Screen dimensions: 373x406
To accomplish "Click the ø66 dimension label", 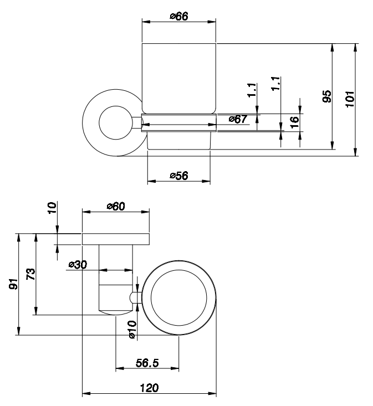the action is pos(179,16).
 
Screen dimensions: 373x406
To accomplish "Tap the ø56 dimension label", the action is pos(178,176).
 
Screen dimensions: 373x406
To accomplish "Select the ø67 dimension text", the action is pos(238,119).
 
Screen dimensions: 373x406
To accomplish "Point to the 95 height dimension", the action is pos(327,96).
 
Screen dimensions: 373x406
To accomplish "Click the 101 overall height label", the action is pos(350,99).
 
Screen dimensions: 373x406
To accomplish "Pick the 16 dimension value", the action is pos(294,122).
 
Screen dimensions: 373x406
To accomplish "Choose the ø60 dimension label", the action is pos(116,207).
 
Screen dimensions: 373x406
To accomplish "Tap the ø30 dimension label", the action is pos(78,265).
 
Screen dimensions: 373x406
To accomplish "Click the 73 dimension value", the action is pos(30,274).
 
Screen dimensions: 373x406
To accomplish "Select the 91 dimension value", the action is pos(13,284).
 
